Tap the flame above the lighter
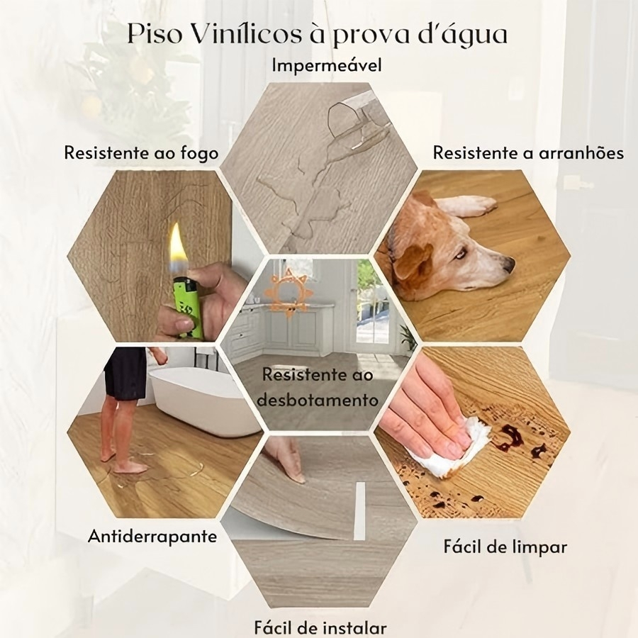pyautogui.click(x=177, y=247)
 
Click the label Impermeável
pyautogui.click(x=327, y=65)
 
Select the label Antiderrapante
pyautogui.click(x=152, y=537)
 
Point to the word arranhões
pyautogui.click(x=581, y=153)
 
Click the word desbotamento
pyautogui.click(x=318, y=401)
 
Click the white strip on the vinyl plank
pyautogui.click(x=359, y=511)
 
